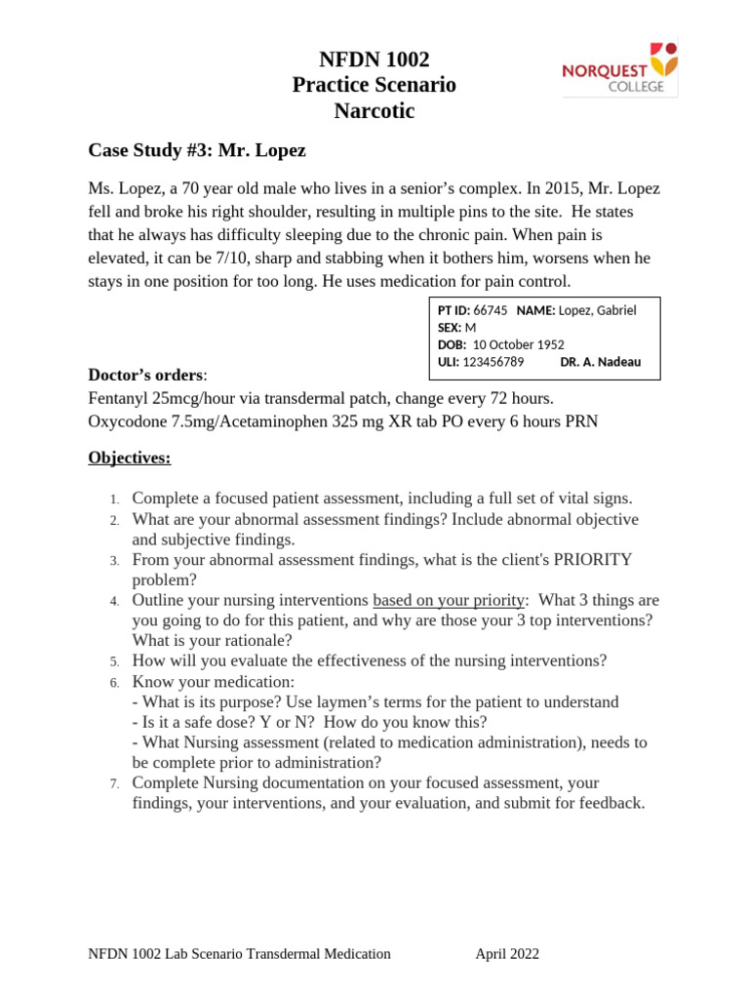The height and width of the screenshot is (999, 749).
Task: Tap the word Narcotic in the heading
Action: tap(374, 111)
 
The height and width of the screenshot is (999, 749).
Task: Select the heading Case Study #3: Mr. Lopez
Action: tap(197, 150)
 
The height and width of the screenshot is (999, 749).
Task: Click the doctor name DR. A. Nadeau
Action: tap(601, 362)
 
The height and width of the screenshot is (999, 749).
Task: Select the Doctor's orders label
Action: tap(146, 375)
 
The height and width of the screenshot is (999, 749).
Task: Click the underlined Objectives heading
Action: tap(130, 458)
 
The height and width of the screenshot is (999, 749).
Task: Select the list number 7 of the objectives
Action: tap(114, 783)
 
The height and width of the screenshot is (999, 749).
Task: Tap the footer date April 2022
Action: tap(507, 954)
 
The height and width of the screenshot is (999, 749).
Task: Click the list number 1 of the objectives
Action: tap(114, 499)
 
